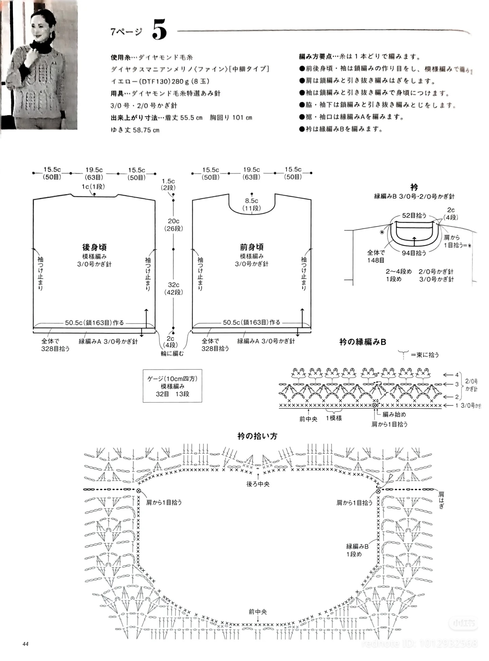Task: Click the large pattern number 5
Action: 159,30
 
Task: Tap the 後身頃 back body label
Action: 94,247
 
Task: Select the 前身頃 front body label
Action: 252,247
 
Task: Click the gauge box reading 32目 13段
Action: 172,386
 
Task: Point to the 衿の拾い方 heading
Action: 257,436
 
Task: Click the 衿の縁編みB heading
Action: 362,342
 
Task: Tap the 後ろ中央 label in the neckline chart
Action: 258,484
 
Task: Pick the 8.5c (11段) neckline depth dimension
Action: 252,204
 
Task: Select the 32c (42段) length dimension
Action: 174,288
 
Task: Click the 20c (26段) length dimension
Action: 174,225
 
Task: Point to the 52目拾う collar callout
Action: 414,216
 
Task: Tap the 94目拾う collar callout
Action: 414,253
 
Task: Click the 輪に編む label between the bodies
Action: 172,354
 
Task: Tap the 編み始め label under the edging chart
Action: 394,414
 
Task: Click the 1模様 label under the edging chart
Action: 334,418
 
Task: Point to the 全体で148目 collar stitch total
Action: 376,256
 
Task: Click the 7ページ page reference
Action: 126,32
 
